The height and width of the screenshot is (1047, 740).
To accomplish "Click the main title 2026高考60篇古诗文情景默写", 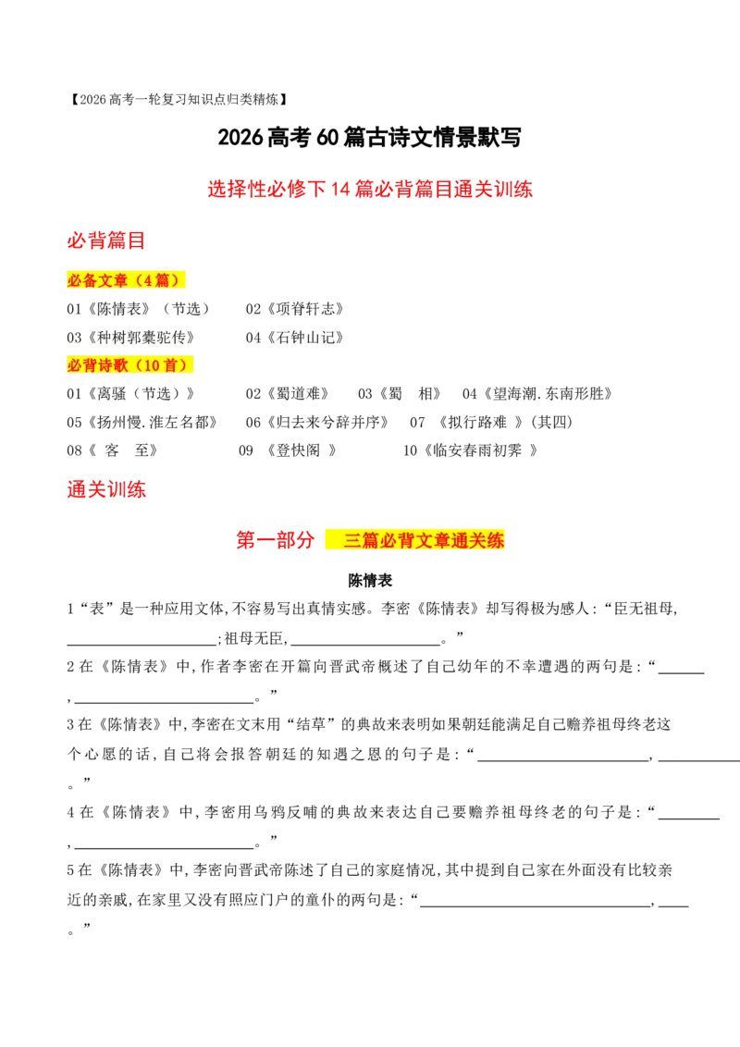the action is click(x=369, y=138).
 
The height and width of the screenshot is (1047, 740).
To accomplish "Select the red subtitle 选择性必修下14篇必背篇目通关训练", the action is click(x=370, y=189).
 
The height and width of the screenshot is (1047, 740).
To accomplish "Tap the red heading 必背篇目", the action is click(x=106, y=240).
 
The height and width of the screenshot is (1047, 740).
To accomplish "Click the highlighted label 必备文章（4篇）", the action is click(x=126, y=279).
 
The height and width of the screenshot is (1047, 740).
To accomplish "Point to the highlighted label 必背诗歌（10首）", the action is click(x=129, y=364).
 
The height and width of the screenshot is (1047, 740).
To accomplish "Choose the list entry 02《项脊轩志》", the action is click(x=295, y=309).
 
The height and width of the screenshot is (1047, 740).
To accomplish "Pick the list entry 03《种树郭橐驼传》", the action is click(x=131, y=338).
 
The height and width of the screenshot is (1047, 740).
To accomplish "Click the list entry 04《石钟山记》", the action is click(x=295, y=338).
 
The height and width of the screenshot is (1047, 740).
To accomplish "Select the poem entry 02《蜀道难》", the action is click(x=288, y=394).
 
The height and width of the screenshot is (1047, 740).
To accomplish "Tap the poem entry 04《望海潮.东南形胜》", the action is click(x=537, y=394).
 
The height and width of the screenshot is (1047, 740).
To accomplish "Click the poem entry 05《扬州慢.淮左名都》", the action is click(x=142, y=423).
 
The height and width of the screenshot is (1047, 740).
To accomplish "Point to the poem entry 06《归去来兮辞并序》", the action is click(x=317, y=423).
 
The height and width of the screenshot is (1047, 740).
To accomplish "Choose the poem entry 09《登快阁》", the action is click(x=288, y=450).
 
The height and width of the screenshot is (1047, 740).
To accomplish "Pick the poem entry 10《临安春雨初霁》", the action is click(x=470, y=450).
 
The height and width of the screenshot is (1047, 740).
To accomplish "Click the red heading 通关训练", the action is click(x=106, y=489).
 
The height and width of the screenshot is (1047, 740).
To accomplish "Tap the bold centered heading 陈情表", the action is click(x=370, y=580).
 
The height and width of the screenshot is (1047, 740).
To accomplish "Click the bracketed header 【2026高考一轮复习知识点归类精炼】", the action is click(x=179, y=100).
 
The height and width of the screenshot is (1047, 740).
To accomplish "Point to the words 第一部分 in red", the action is click(x=275, y=539).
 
